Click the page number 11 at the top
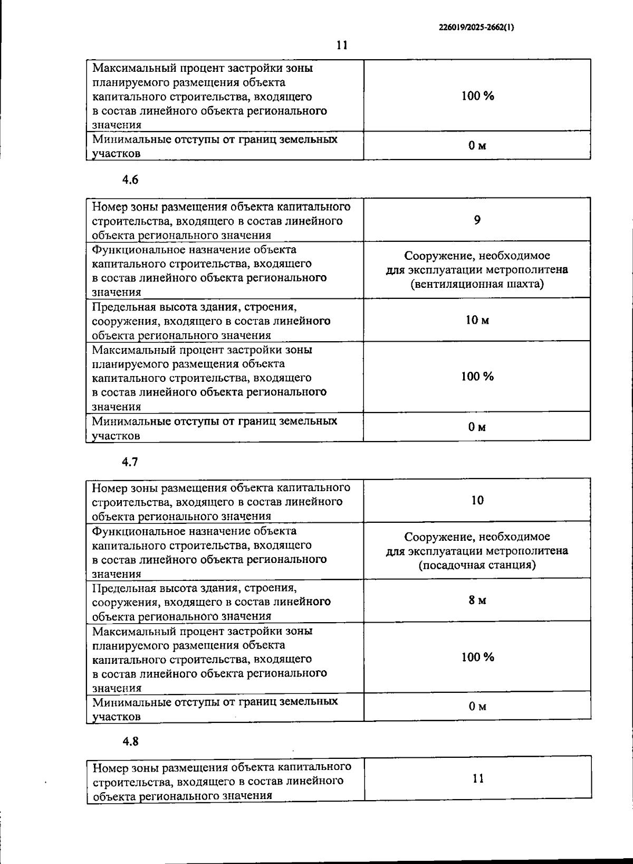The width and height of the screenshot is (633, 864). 342,45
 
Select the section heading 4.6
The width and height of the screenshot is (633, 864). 130,180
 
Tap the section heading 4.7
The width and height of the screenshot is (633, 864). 130,462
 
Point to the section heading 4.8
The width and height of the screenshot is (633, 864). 130,741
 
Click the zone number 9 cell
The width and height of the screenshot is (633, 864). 477,220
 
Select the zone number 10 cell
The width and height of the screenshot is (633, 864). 477,500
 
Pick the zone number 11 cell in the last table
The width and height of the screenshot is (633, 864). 478,778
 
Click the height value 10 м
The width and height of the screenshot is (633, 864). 477,320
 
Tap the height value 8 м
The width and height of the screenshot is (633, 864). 477,600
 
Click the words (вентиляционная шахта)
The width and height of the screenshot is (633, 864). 477,284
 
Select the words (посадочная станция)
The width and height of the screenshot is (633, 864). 477,565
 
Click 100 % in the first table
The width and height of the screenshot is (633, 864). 477,96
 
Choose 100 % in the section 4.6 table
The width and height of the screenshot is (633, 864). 477,376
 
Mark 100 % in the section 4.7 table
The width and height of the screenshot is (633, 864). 477,657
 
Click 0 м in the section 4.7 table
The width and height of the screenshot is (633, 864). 477,706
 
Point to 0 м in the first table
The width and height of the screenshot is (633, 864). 477,145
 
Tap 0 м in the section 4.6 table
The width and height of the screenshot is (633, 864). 477,426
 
